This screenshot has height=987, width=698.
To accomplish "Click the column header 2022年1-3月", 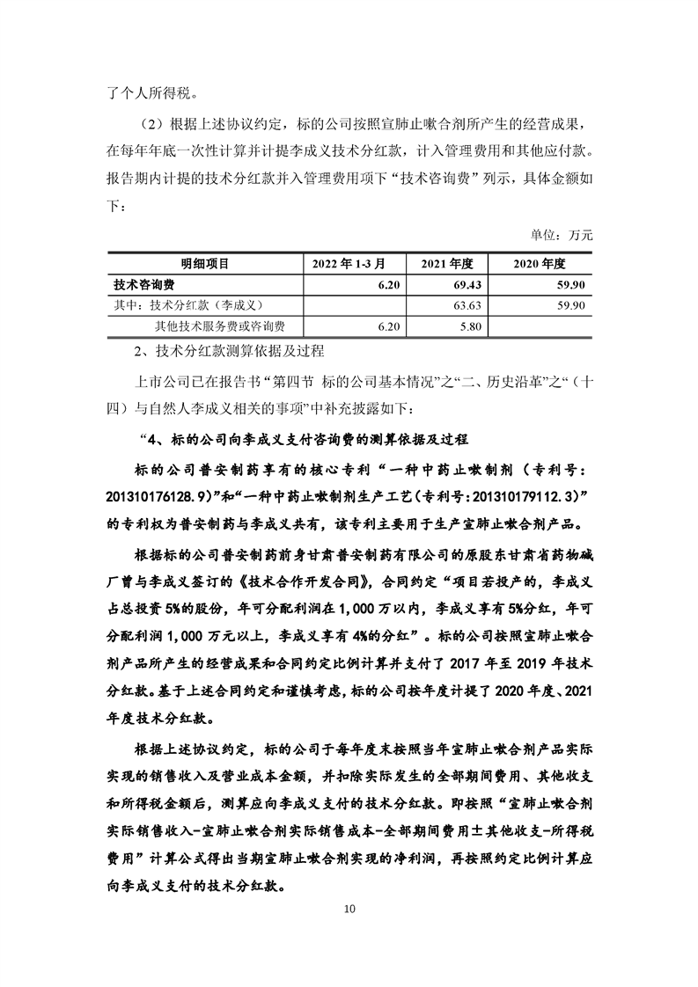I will pos(353,263).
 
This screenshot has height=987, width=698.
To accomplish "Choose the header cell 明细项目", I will pos(204,263).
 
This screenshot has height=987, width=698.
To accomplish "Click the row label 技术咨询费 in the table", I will pos(143,284).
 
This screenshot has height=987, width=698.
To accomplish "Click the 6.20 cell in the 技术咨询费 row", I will pos(386,284).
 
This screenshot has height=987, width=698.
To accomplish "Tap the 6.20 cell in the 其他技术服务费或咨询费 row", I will pos(386,326).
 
